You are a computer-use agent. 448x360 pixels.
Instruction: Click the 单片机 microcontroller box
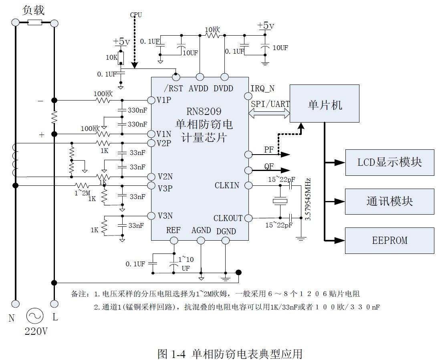[x=324, y=104]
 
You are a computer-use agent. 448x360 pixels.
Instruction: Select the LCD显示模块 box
[x=389, y=162]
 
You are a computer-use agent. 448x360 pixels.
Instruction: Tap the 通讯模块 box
[x=389, y=201]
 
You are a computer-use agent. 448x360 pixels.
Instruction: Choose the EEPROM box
[x=389, y=240]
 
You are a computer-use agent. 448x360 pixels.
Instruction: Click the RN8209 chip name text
[x=204, y=112]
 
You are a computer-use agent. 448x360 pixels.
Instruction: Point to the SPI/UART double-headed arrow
[x=269, y=114]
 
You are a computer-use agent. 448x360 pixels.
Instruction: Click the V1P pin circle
[x=151, y=100]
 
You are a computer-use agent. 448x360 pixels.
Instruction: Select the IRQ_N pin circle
[x=248, y=96]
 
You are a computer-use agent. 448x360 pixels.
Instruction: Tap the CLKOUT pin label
[x=228, y=218]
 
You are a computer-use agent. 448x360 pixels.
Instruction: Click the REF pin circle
[x=174, y=240]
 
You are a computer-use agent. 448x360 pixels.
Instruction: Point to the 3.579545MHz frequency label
[x=308, y=199]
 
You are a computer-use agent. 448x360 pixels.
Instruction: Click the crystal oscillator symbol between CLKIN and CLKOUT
[x=278, y=201]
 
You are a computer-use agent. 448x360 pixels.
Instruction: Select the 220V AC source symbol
[x=34, y=316]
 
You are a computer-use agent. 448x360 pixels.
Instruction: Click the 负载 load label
[x=34, y=10]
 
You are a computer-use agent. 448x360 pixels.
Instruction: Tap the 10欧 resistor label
[x=212, y=30]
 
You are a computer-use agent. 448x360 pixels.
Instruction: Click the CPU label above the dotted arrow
[x=136, y=15]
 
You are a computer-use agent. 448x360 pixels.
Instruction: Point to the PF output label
[x=269, y=150]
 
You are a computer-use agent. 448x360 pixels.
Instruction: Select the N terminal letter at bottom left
[x=12, y=318]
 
